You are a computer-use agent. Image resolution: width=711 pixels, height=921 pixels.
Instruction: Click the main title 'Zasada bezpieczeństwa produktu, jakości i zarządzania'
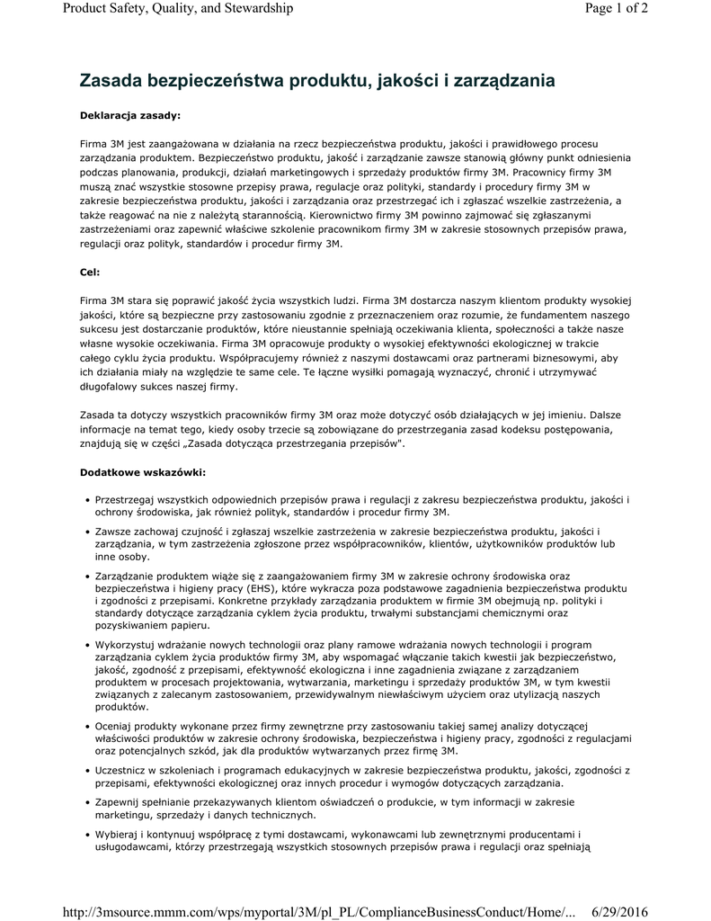click(x=316, y=81)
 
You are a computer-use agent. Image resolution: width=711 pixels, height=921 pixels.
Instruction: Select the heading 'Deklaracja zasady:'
click(x=129, y=115)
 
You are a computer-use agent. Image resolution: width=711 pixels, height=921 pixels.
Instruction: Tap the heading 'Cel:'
click(x=90, y=271)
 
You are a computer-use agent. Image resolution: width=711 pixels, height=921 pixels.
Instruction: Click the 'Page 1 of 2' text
click(x=616, y=9)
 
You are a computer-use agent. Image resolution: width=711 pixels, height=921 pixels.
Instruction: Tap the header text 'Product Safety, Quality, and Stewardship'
click(x=179, y=9)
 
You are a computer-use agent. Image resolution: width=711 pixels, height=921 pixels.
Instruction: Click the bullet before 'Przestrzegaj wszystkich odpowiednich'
click(x=86, y=499)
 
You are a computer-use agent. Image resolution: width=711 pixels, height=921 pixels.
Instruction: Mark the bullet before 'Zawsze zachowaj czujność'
click(x=86, y=532)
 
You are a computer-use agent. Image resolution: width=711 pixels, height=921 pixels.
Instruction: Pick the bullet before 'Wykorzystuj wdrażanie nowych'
click(x=86, y=646)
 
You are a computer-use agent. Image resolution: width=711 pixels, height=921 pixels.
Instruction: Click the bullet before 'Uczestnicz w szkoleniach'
click(x=86, y=771)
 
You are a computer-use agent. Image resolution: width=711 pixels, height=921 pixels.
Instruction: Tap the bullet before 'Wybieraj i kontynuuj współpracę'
click(x=86, y=836)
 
